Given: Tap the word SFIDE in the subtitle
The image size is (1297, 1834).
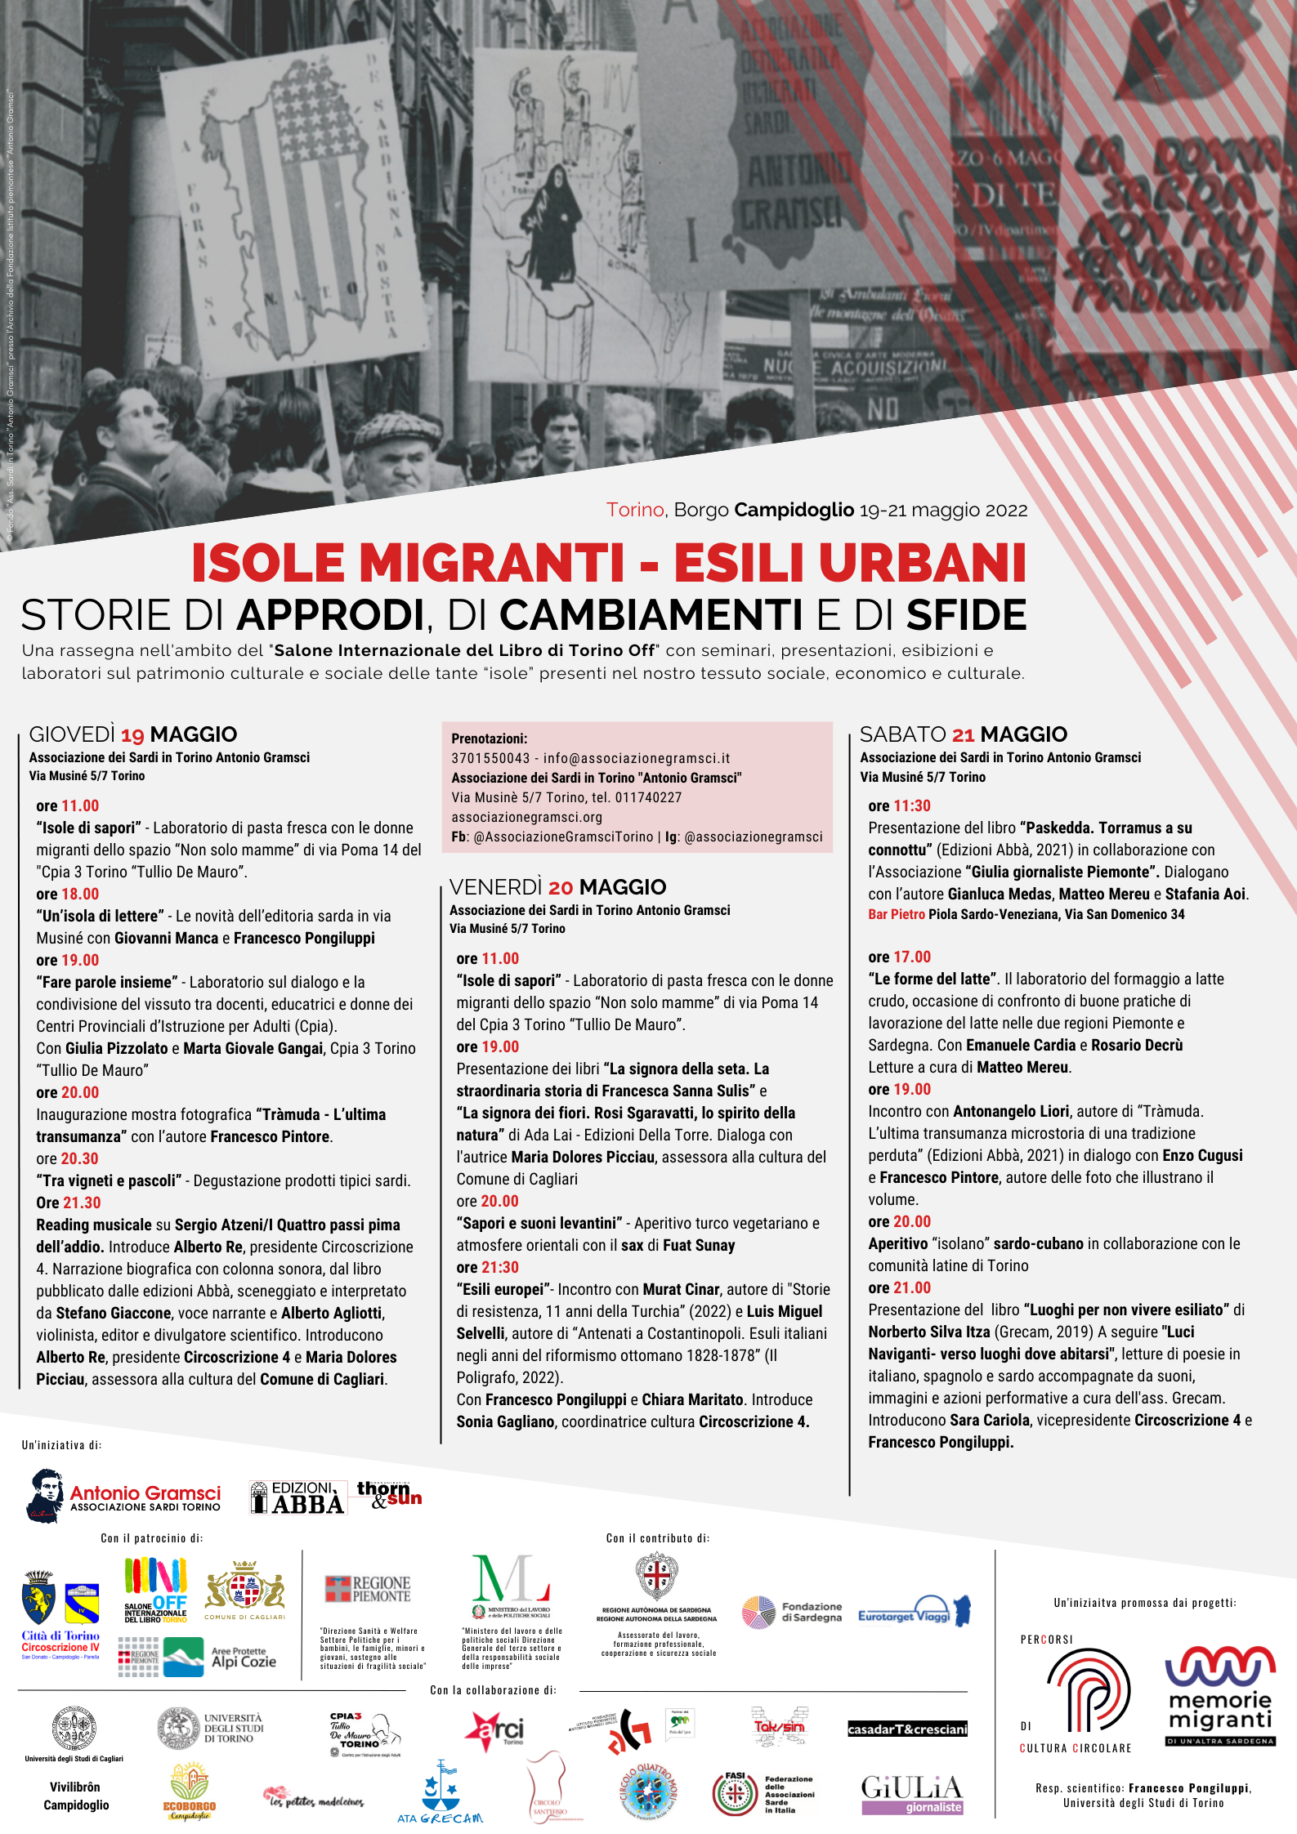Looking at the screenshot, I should pos(966,616).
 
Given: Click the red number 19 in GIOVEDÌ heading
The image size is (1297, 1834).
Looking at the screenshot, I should pos(132,735).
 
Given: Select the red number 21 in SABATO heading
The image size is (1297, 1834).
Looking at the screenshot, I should pos(963,735).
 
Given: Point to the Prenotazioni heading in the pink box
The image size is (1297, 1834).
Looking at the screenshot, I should pos(489,739).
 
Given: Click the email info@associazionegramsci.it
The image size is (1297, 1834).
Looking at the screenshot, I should pos(637,758).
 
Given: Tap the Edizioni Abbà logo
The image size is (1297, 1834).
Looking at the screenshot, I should pos(297,1497).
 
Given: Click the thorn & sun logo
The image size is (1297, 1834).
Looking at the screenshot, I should pos(388,1494).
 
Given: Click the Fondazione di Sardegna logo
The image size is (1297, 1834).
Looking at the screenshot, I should pos(791,1612).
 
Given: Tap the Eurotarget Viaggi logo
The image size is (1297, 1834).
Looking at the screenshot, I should pos(913,1612).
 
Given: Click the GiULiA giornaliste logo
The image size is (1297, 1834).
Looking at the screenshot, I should pos(912,1795).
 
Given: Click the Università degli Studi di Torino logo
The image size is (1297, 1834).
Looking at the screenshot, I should pos(210,1729).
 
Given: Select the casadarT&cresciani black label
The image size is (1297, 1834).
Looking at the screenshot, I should pos(907,1729).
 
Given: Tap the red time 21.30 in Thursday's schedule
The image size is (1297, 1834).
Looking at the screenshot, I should pos(81,1203).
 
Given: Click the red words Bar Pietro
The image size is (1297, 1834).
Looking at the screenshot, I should pos(897,914).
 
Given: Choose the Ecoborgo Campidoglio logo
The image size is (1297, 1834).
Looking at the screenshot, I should pos(190,1792).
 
